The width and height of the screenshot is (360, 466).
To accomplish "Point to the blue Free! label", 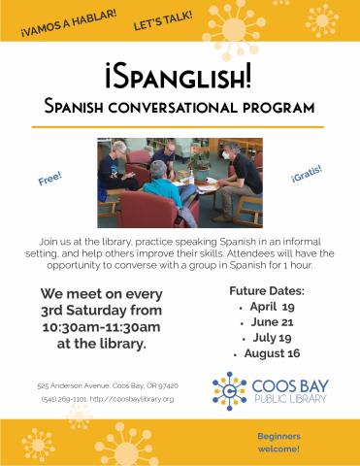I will pos(50,181).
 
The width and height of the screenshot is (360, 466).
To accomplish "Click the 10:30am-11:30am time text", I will pos(94,327).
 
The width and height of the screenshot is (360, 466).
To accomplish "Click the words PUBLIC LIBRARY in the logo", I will pos(287,399).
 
